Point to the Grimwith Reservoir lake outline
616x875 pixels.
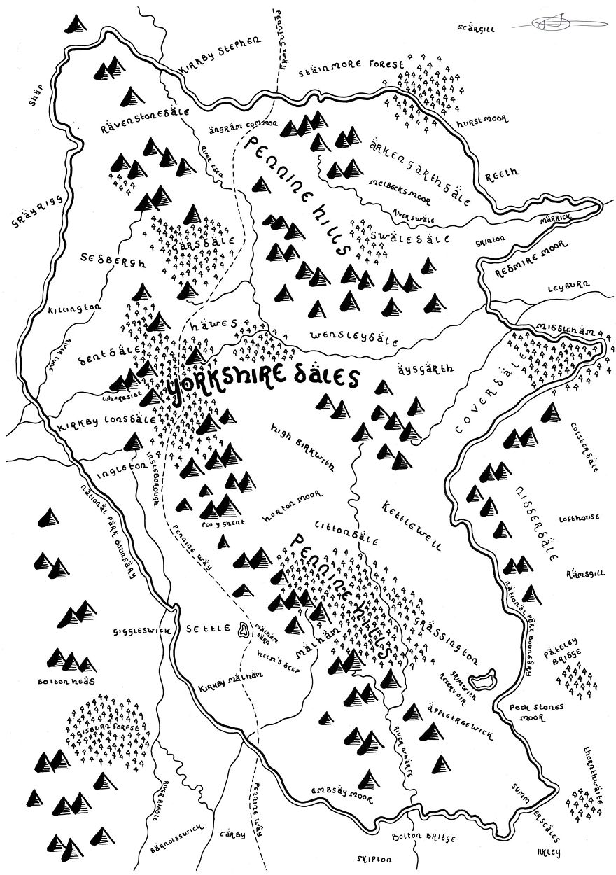[x=482, y=678]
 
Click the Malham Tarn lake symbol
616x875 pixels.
[x=243, y=629]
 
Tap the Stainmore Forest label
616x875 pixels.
[x=352, y=66]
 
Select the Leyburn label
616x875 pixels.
[x=569, y=286]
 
